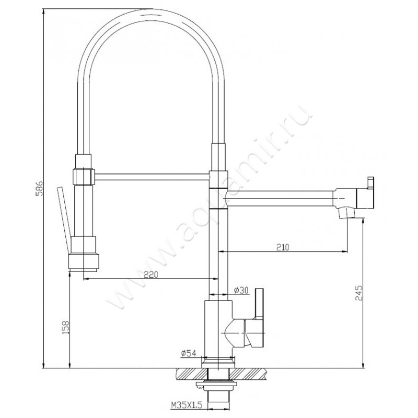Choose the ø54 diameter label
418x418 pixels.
(x=188, y=354)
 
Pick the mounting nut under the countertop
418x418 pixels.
(x=216, y=388)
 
